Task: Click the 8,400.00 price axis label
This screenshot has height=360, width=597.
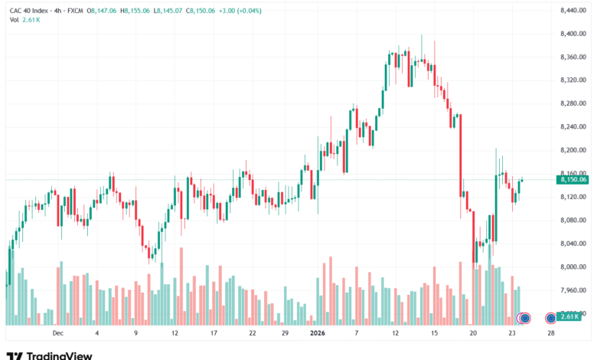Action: [x=573, y=34]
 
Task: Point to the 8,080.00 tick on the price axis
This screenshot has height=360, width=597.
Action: [x=573, y=220]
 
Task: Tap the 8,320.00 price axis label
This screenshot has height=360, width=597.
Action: [x=573, y=80]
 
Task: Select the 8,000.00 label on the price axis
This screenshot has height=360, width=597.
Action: [x=573, y=267]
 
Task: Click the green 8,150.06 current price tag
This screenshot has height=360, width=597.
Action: [x=573, y=179]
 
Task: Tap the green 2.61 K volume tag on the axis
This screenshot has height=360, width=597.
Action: [x=569, y=316]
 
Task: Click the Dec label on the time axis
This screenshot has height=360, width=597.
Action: [x=58, y=333]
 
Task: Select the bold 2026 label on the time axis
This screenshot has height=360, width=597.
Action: [x=318, y=333]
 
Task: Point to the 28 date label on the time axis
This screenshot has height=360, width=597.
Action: [x=551, y=333]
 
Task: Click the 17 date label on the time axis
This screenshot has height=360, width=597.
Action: [x=214, y=333]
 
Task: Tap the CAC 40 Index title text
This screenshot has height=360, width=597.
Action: [x=29, y=11]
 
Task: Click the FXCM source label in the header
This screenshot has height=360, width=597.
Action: [x=75, y=11]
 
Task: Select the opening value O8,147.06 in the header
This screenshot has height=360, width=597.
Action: [x=102, y=11]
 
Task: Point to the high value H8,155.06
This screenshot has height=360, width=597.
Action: [x=135, y=11]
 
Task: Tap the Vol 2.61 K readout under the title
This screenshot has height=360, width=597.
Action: [x=24, y=20]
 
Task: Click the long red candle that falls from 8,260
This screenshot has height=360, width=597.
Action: [x=461, y=155]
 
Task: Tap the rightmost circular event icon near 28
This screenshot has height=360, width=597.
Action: [x=550, y=318]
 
